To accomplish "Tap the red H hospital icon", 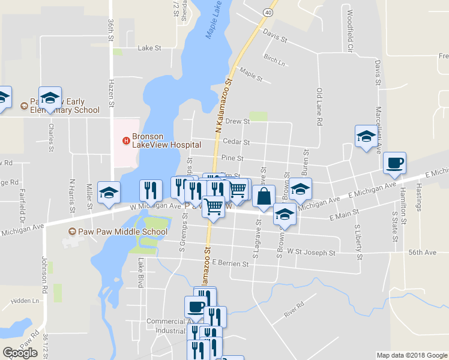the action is click(x=126, y=141).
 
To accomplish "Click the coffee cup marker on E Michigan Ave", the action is click(x=394, y=164).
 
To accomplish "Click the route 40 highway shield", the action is click(x=268, y=12).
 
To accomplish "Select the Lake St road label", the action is click(x=149, y=47).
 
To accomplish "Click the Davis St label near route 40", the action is click(x=276, y=37).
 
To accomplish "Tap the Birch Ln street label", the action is click(x=273, y=59).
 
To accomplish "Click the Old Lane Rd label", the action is click(x=320, y=107).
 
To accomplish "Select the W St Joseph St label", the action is click(x=311, y=253).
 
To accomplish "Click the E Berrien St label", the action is click(x=231, y=263).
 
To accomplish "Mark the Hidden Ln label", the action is click(x=24, y=300).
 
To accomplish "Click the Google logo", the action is click(x=20, y=353).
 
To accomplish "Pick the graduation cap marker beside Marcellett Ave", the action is click(x=366, y=137).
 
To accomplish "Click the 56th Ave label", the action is click(x=423, y=253).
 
